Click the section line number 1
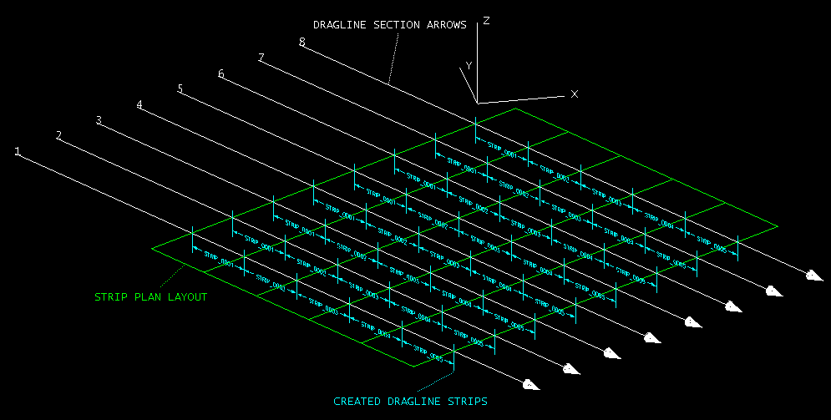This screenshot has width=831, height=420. pos(18,151)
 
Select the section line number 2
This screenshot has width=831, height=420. pos(58,135)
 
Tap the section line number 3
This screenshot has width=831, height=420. pos(99,120)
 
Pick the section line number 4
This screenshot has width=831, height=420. pos(139,105)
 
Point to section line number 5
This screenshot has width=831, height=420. pos(180,89)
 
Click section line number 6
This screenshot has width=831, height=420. pos(220,74)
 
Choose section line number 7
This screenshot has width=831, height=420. pos(261,58)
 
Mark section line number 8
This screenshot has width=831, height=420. pos(301,43)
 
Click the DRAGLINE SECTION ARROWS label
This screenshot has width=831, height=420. pos(389,25)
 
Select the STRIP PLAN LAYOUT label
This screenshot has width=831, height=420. pos(150,296)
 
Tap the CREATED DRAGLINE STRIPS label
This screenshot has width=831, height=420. pos(410,402)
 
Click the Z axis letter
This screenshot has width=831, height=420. pos(486,21)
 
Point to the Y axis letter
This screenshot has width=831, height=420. pos(469,65)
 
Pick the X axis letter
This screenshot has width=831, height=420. pos(574,94)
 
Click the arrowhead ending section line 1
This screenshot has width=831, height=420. pos(529,384)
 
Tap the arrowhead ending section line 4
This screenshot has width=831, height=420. pos(651,337)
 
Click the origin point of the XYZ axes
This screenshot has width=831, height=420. pos(476,103)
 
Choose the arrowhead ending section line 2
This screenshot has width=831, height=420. pos(570,368)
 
